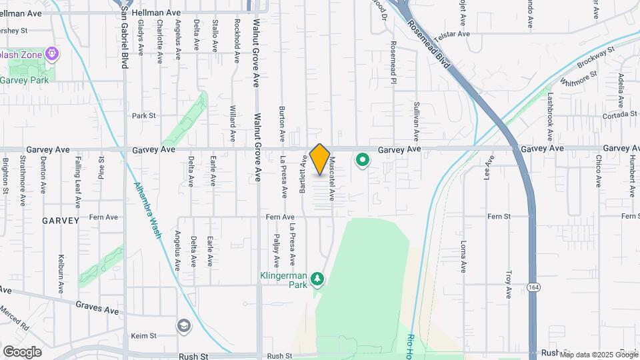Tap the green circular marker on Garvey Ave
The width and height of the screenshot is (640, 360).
coord(363,160)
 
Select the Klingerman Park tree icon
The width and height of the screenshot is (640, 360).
coord(318,278)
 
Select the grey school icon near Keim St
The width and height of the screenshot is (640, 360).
coord(183,326)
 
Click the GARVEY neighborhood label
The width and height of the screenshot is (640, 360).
coord(61,220)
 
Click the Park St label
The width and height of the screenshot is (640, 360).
coord(143,115)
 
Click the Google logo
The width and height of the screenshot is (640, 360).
coord(23,351)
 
